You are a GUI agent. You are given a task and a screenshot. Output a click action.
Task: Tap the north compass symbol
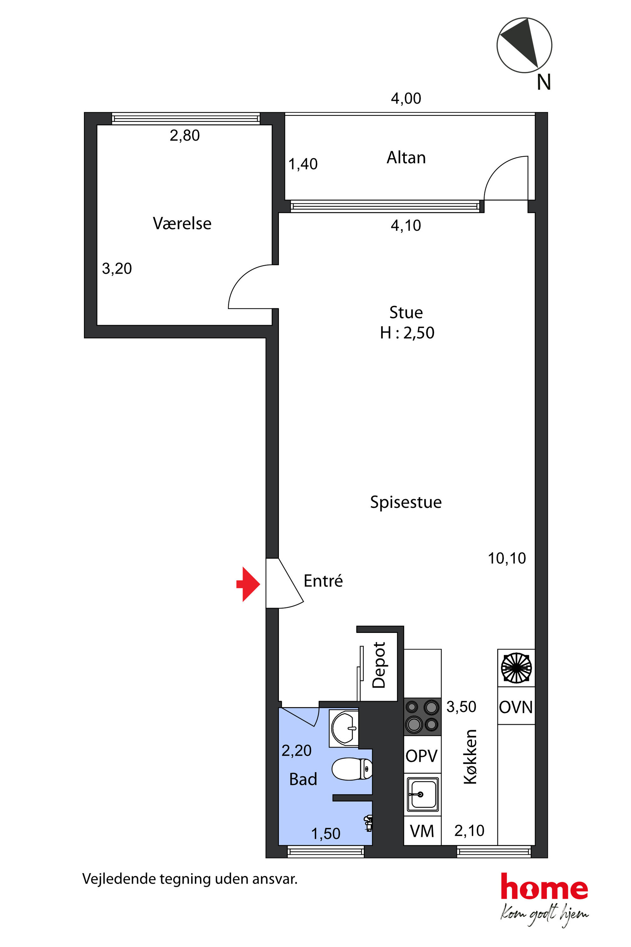tap(524, 45)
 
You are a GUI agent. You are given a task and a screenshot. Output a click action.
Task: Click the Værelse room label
tap(182, 223)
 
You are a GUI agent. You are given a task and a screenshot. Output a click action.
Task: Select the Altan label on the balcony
tap(406, 158)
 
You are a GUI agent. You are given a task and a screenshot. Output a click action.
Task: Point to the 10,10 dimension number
tap(507, 558)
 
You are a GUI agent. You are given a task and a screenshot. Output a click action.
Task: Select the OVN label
tap(516, 707)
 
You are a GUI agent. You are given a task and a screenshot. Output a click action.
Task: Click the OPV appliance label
tap(421, 756)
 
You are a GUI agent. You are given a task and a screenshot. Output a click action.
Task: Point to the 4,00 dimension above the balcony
tap(406, 99)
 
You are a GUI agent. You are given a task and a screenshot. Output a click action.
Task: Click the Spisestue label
tap(406, 502)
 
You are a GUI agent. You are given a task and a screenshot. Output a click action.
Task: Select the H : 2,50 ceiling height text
tap(407, 333)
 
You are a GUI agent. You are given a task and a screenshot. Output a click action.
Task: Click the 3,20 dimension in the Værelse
tap(117, 269)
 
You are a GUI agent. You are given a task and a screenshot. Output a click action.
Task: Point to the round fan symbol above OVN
tap(516, 668)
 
